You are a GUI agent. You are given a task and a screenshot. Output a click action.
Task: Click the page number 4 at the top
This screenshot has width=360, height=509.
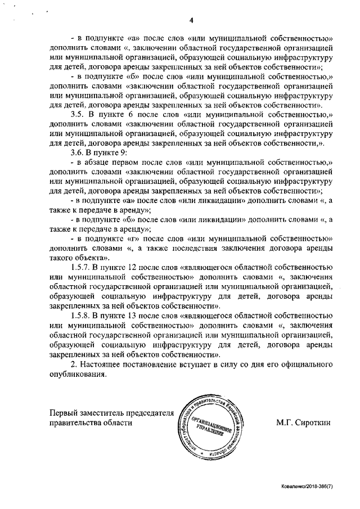(x=191, y=22)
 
